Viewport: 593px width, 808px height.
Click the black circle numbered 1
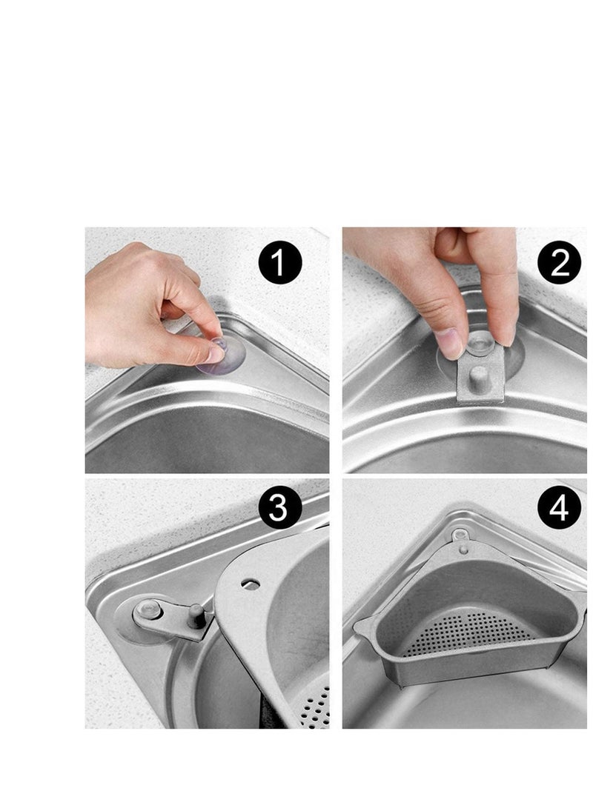pos(280,264)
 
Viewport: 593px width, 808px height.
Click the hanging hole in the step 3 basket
pos(252,585)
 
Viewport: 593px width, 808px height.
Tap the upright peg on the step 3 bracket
pos(195,614)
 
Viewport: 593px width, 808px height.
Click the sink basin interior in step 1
pos(208,444)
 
